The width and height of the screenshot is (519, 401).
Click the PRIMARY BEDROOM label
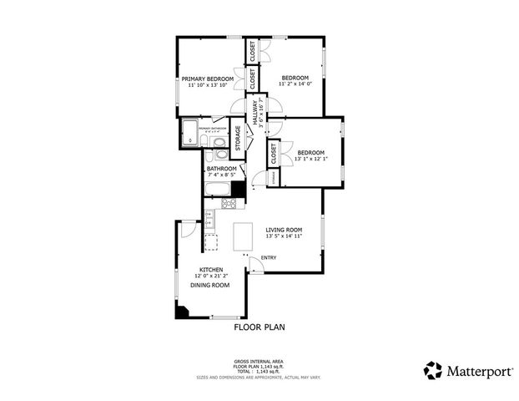pyautogui.click(x=208, y=79)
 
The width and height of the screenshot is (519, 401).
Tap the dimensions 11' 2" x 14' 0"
pyautogui.click(x=294, y=84)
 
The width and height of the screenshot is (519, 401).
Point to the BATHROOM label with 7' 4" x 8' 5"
pyautogui.click(x=222, y=169)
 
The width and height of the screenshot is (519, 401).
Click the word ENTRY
pyautogui.click(x=269, y=257)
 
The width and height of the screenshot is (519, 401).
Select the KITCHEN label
pyautogui.click(x=210, y=270)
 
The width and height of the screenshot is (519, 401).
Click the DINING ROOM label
pyautogui.click(x=210, y=286)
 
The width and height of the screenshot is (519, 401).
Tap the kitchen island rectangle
pyautogui.click(x=244, y=237)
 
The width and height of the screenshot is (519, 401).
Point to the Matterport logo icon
pyautogui.click(x=432, y=370)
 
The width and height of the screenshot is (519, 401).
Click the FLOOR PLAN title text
pyautogui.click(x=259, y=328)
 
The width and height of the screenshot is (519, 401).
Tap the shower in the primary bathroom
pyautogui.click(x=189, y=130)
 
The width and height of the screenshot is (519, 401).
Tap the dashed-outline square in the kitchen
pyautogui.click(x=211, y=242)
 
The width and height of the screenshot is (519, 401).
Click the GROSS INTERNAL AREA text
pyautogui.click(x=259, y=361)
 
